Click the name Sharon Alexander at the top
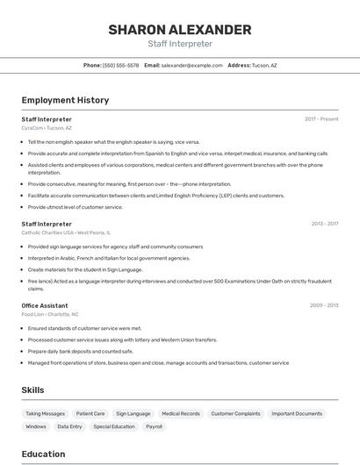pos(180,30)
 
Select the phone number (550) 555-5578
pos(120,65)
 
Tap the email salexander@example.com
pos(191,65)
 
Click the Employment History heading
pos(65,100)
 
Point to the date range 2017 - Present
pos(321,118)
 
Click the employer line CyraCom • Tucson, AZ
pos(47,128)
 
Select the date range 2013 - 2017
pos(325,224)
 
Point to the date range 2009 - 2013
pos(325,305)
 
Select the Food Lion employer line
pos(50,314)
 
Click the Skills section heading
pos(33,390)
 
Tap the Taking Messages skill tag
pos(45,413)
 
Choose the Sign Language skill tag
pos(133,413)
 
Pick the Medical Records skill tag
pos(181,413)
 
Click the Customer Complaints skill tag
pos(235,413)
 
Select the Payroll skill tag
pos(154,426)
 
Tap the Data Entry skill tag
pos(69,426)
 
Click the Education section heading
pos(43,454)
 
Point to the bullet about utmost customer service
pos(75,207)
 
